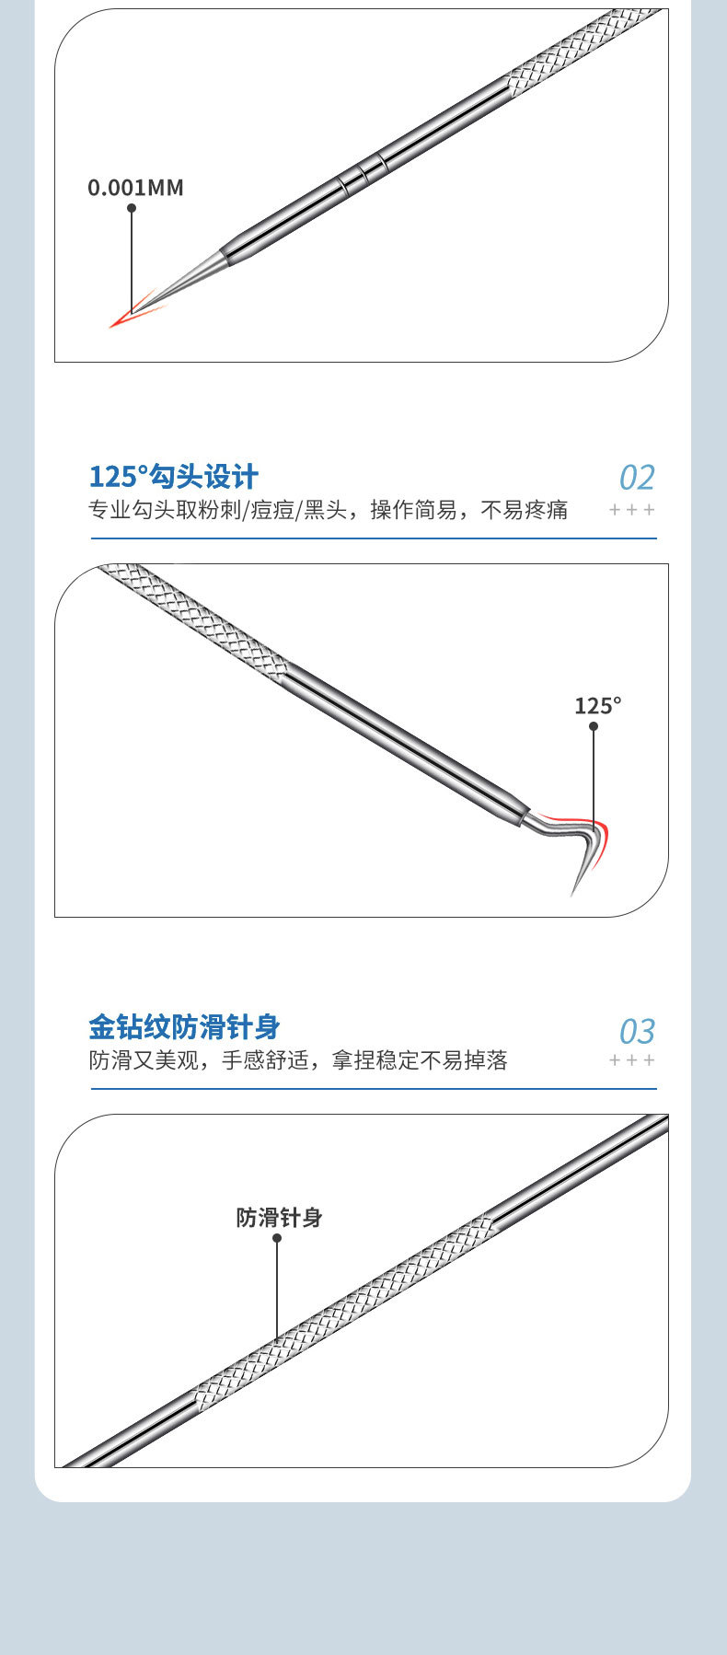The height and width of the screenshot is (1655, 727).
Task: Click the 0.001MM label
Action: (135, 188)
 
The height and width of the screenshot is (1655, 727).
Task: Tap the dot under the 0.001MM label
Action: (132, 208)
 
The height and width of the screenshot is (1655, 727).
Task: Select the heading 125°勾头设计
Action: (174, 477)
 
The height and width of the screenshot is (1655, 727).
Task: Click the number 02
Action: (637, 478)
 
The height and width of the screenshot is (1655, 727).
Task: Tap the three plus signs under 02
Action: (632, 510)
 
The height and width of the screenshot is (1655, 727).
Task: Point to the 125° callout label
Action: (597, 706)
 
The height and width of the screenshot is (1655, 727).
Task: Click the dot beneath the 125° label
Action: (594, 726)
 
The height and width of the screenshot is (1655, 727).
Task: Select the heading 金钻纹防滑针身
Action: (184, 1027)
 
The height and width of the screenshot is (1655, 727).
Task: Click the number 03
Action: (637, 1032)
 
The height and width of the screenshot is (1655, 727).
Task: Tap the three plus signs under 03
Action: (632, 1060)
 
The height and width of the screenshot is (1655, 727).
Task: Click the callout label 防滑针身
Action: (279, 1218)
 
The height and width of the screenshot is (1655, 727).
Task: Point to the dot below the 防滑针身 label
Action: (277, 1238)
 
